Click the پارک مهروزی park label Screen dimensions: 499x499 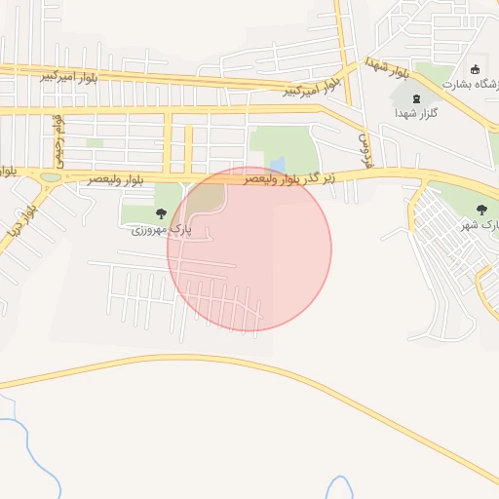162,230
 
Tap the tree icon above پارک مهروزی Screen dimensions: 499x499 161,213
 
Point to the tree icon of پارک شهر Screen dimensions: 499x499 481,210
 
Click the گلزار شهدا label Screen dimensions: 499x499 418,114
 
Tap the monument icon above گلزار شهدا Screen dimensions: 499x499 418,98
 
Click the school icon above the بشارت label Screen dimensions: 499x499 475,69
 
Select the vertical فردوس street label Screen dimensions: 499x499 367,152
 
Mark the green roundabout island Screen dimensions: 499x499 51,177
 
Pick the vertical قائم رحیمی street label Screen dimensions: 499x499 59,136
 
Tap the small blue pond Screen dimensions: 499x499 279,164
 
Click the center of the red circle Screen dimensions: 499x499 249,249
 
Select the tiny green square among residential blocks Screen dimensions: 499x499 95,143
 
